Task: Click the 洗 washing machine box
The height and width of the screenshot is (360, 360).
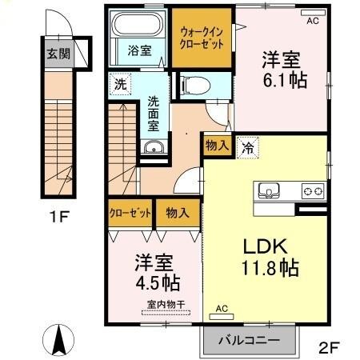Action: (x=119, y=83)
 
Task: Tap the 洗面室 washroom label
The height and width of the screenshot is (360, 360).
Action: (x=151, y=116)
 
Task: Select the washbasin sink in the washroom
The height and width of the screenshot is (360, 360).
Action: (x=153, y=147)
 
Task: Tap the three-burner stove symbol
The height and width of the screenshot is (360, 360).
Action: (x=311, y=191)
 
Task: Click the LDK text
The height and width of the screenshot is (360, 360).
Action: (x=265, y=247)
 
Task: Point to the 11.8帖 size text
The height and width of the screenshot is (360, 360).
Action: (x=266, y=268)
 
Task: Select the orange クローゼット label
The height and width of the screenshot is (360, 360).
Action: (x=130, y=212)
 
